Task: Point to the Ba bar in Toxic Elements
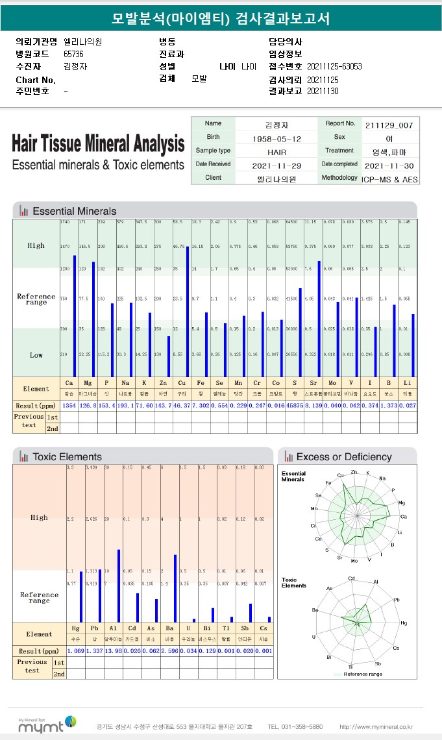pyautogui.click(x=175, y=588)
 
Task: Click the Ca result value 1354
pyautogui.click(x=69, y=405)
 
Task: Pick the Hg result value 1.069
pyautogui.click(x=76, y=650)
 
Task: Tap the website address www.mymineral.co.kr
pyautogui.click(x=376, y=726)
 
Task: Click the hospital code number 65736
pyautogui.click(x=73, y=54)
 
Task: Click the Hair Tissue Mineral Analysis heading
pyautogui.click(x=98, y=143)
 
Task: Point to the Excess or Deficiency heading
pyautogui.click(x=343, y=457)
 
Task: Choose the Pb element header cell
pyautogui.click(x=95, y=628)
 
